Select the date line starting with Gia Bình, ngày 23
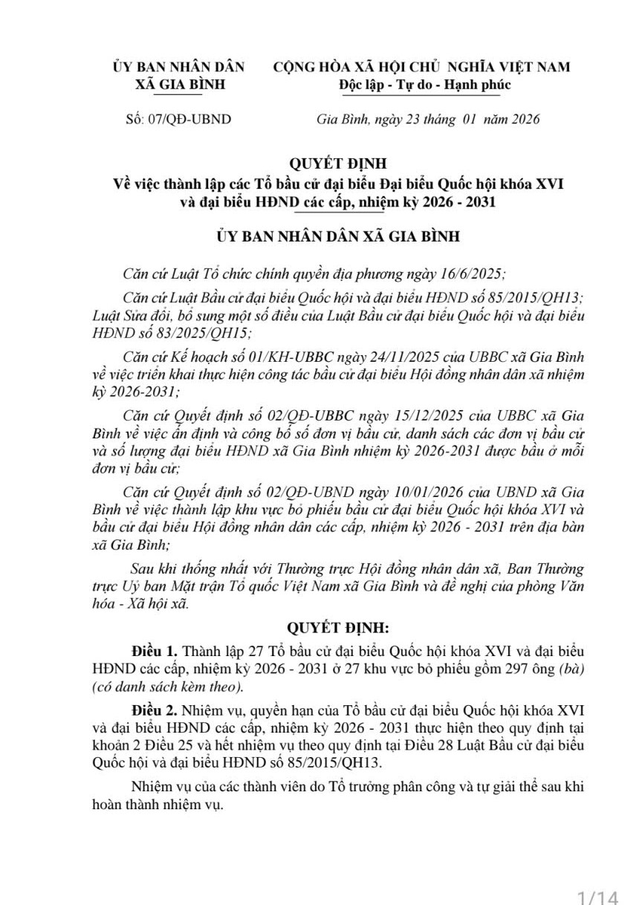click(427, 119)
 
